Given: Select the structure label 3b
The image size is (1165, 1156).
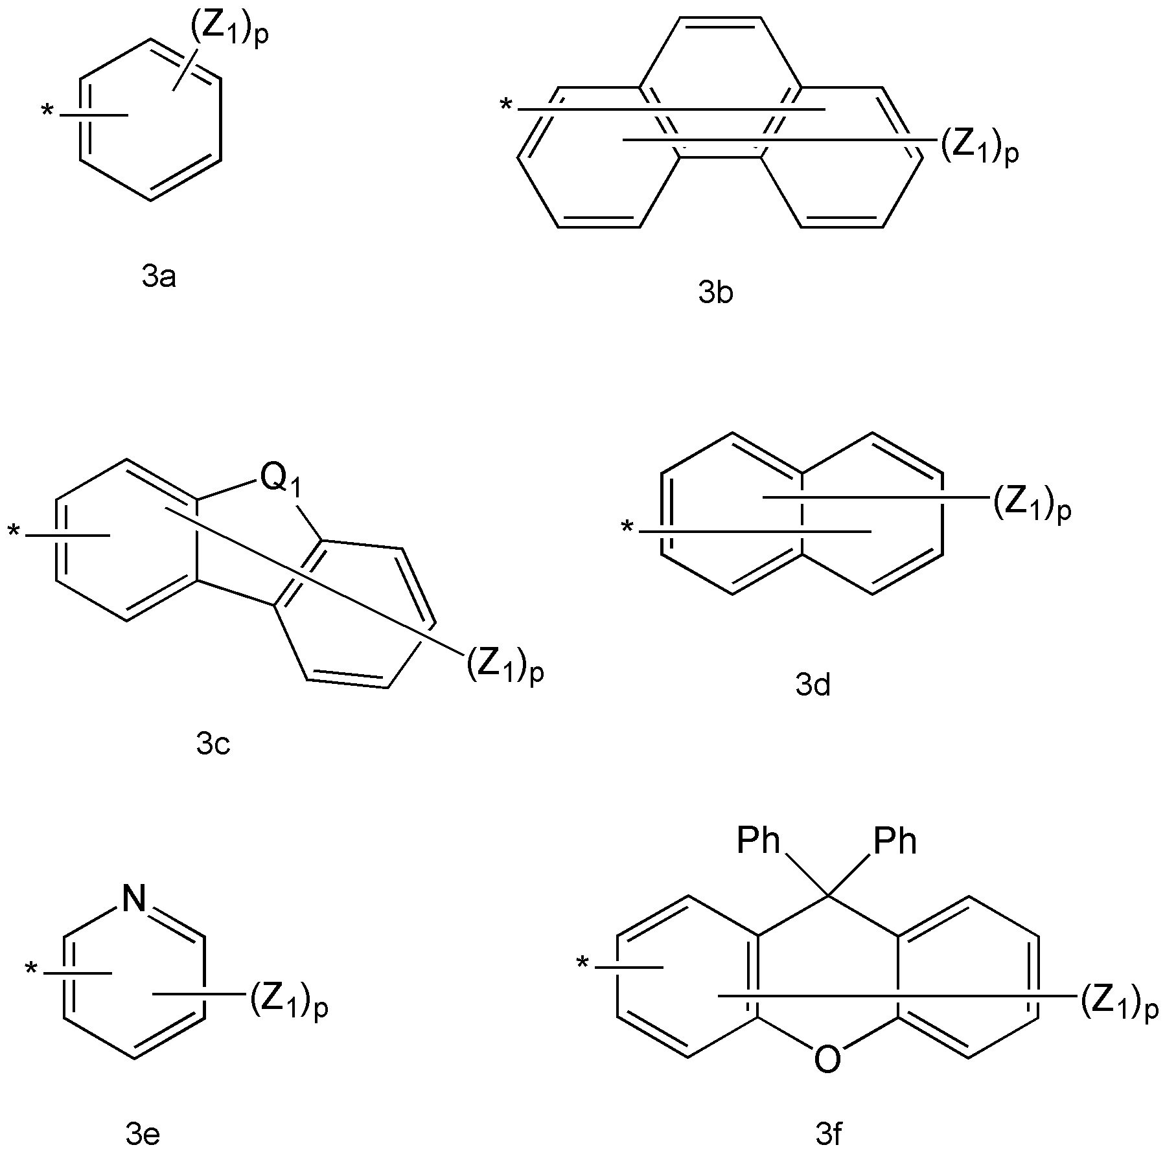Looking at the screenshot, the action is [716, 293].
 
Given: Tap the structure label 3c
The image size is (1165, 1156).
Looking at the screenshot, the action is [213, 745].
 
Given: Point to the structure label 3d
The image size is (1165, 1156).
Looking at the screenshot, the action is [813, 685].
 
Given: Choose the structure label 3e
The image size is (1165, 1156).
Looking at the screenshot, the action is [143, 1134].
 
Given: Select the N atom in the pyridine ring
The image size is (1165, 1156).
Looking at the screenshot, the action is [134, 900].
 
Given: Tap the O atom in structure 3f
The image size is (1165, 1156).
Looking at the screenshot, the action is [828, 1060].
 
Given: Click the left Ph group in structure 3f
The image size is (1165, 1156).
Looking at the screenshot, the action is [759, 841].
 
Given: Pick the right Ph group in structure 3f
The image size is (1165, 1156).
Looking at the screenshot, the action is [895, 841].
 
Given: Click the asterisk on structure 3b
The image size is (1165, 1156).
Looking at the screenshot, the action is [506, 104].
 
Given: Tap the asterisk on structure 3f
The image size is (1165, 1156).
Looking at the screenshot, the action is [582, 965].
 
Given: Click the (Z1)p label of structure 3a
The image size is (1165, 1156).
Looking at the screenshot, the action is [229, 30].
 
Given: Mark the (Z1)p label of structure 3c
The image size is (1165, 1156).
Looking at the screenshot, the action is [505, 666].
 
